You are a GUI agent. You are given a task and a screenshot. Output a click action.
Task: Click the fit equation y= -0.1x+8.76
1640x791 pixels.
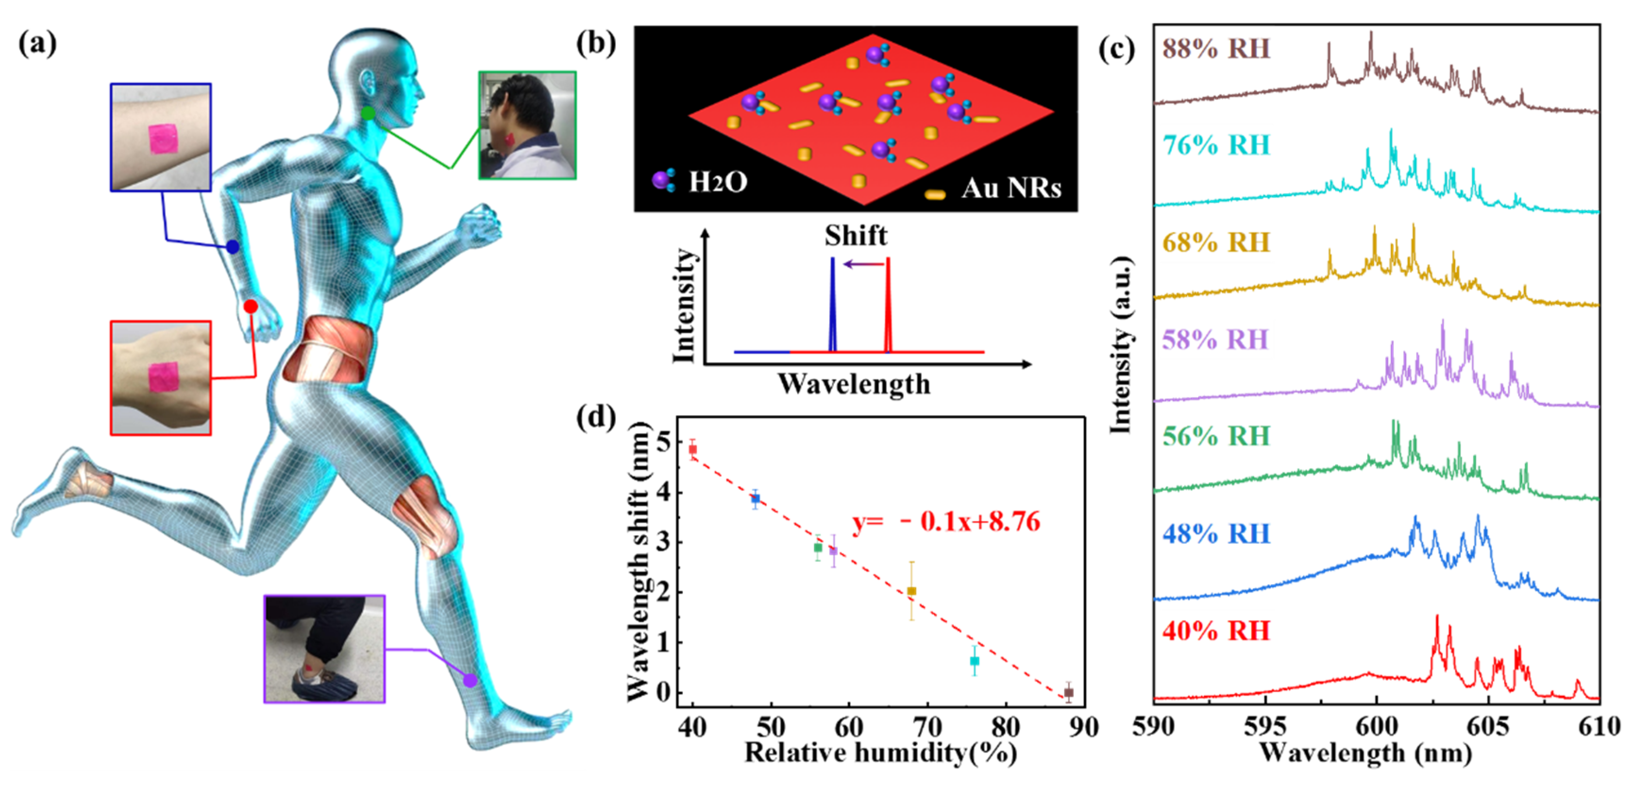coord(946,522)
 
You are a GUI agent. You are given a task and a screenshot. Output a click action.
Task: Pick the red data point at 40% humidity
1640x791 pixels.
coord(693,449)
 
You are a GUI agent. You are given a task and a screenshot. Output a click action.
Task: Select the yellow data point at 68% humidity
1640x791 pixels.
coord(912,591)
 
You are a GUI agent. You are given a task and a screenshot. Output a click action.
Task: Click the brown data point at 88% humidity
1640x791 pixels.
coord(1069,692)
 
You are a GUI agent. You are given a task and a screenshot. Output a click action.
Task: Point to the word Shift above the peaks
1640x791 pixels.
coord(855,236)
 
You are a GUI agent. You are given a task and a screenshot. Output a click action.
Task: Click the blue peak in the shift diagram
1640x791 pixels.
coord(832,306)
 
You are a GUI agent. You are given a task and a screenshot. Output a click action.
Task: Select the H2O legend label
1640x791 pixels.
coord(717,183)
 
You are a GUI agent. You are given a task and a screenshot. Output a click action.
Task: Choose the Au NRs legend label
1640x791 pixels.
coord(1011,188)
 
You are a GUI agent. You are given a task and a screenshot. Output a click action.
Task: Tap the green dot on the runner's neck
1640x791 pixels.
coord(368,113)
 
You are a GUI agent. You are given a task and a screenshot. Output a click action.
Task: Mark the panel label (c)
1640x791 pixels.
coord(1116,50)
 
